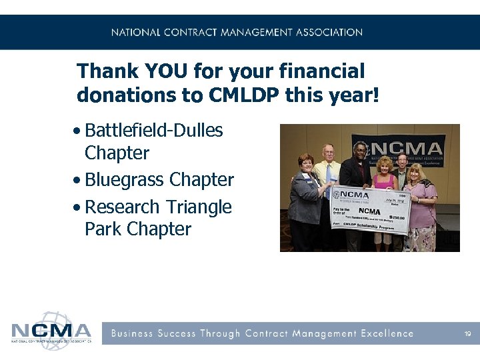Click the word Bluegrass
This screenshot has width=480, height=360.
(x=125, y=180)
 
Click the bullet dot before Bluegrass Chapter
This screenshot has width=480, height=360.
(x=79, y=181)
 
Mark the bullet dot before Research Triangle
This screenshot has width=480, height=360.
(x=79, y=208)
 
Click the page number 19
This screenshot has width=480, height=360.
(x=467, y=333)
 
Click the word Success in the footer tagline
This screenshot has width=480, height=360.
(x=178, y=333)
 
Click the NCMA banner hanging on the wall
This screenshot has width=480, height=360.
(x=407, y=148)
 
